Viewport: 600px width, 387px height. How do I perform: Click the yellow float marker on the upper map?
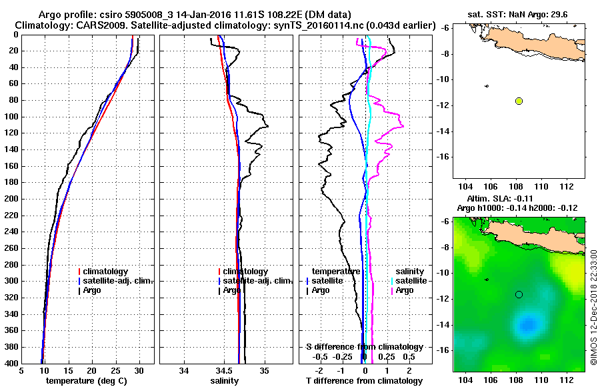tap(519, 101)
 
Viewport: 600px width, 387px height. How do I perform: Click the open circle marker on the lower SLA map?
tap(519, 294)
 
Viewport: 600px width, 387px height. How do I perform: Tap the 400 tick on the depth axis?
tap(12, 363)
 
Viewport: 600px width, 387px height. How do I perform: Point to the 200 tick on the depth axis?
tap(12, 199)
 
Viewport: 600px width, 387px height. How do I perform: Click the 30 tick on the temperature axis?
tap(139, 371)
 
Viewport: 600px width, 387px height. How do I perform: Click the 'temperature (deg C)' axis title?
tap(87, 381)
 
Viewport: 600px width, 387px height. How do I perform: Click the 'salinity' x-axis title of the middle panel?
tap(225, 381)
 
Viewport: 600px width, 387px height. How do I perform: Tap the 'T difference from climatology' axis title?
tap(364, 381)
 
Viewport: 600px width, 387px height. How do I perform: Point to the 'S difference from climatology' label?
tap(364, 347)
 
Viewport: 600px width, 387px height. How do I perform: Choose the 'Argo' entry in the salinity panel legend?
tap(233, 290)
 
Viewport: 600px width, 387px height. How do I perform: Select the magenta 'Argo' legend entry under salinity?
tap(405, 290)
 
